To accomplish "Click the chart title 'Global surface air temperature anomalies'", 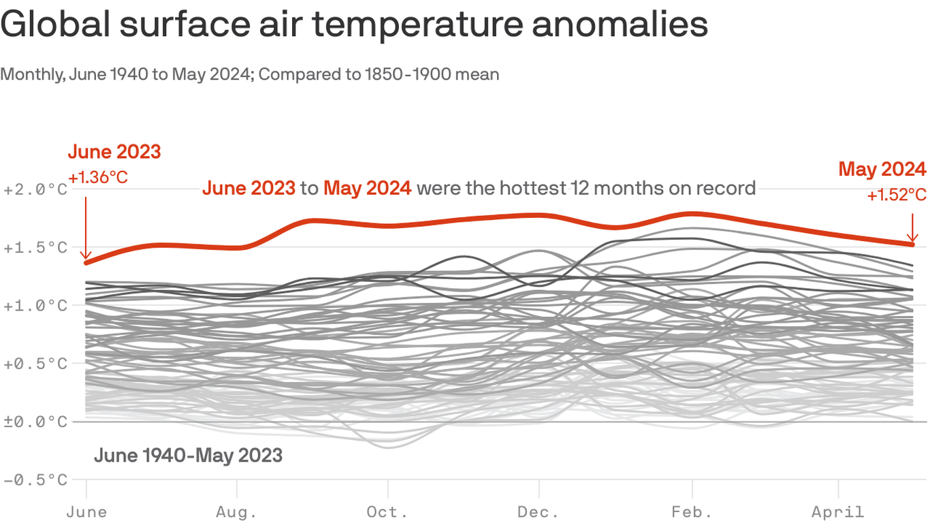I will click(x=354, y=25).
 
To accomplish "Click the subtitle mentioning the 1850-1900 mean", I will click(x=250, y=74).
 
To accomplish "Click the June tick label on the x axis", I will click(x=86, y=511).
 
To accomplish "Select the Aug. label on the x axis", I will click(x=237, y=511).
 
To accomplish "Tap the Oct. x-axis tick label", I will click(x=387, y=511).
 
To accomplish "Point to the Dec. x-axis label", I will click(x=539, y=511).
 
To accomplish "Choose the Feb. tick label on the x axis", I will click(x=692, y=511).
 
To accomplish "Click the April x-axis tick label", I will click(x=838, y=511).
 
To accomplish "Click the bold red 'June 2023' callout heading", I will click(x=114, y=151).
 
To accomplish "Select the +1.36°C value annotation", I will click(x=98, y=178).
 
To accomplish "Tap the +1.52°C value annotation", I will click(x=897, y=195).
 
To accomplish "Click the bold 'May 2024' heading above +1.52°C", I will click(x=882, y=169).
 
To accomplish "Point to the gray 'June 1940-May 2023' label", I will click(x=188, y=455).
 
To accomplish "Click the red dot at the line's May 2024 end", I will click(x=912, y=244).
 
